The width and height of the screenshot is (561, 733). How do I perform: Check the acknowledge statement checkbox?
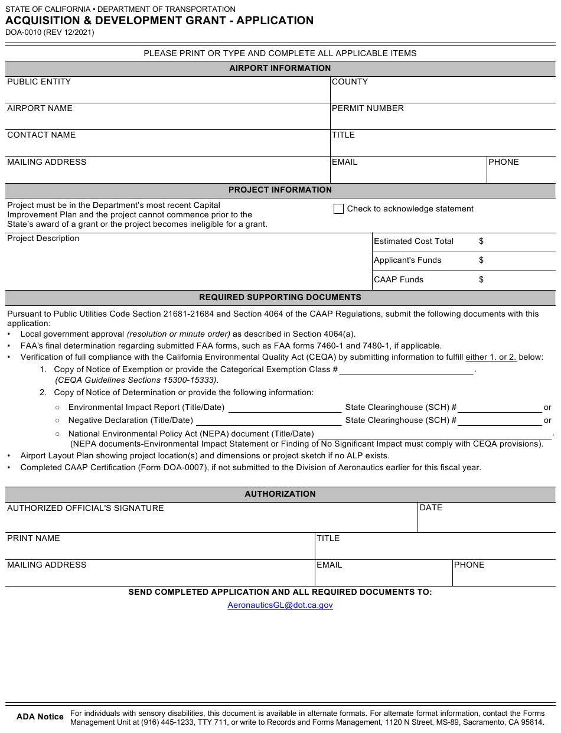point(338,209)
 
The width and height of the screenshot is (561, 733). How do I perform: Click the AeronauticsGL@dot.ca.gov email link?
point(280,605)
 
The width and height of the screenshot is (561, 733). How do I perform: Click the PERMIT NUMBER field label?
point(367,109)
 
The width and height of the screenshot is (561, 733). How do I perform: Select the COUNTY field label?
point(350,82)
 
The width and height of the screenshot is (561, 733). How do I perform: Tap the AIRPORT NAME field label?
point(40,109)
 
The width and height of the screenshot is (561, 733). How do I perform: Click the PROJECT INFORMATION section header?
point(280,190)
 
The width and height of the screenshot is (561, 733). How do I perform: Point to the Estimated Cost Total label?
point(413,242)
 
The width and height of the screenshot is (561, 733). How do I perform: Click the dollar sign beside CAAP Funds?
point(481,280)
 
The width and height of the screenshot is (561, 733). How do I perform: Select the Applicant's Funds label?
point(407,260)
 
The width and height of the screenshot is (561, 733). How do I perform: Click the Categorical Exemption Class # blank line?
point(406,370)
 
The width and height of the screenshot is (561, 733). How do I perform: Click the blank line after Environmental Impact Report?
point(285,408)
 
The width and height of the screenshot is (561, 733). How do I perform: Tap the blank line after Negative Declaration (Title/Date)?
point(269,421)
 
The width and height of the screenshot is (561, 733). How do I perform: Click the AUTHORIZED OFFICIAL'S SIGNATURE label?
point(86,509)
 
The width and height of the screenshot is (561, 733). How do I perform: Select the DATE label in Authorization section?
point(430,508)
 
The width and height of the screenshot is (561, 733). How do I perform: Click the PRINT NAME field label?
point(34,539)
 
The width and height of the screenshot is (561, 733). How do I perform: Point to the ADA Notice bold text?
point(40,717)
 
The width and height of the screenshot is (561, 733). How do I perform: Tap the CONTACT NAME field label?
point(41,135)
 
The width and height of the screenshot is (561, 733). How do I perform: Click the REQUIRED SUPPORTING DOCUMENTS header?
point(280,298)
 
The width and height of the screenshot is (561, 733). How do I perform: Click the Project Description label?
point(43,239)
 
